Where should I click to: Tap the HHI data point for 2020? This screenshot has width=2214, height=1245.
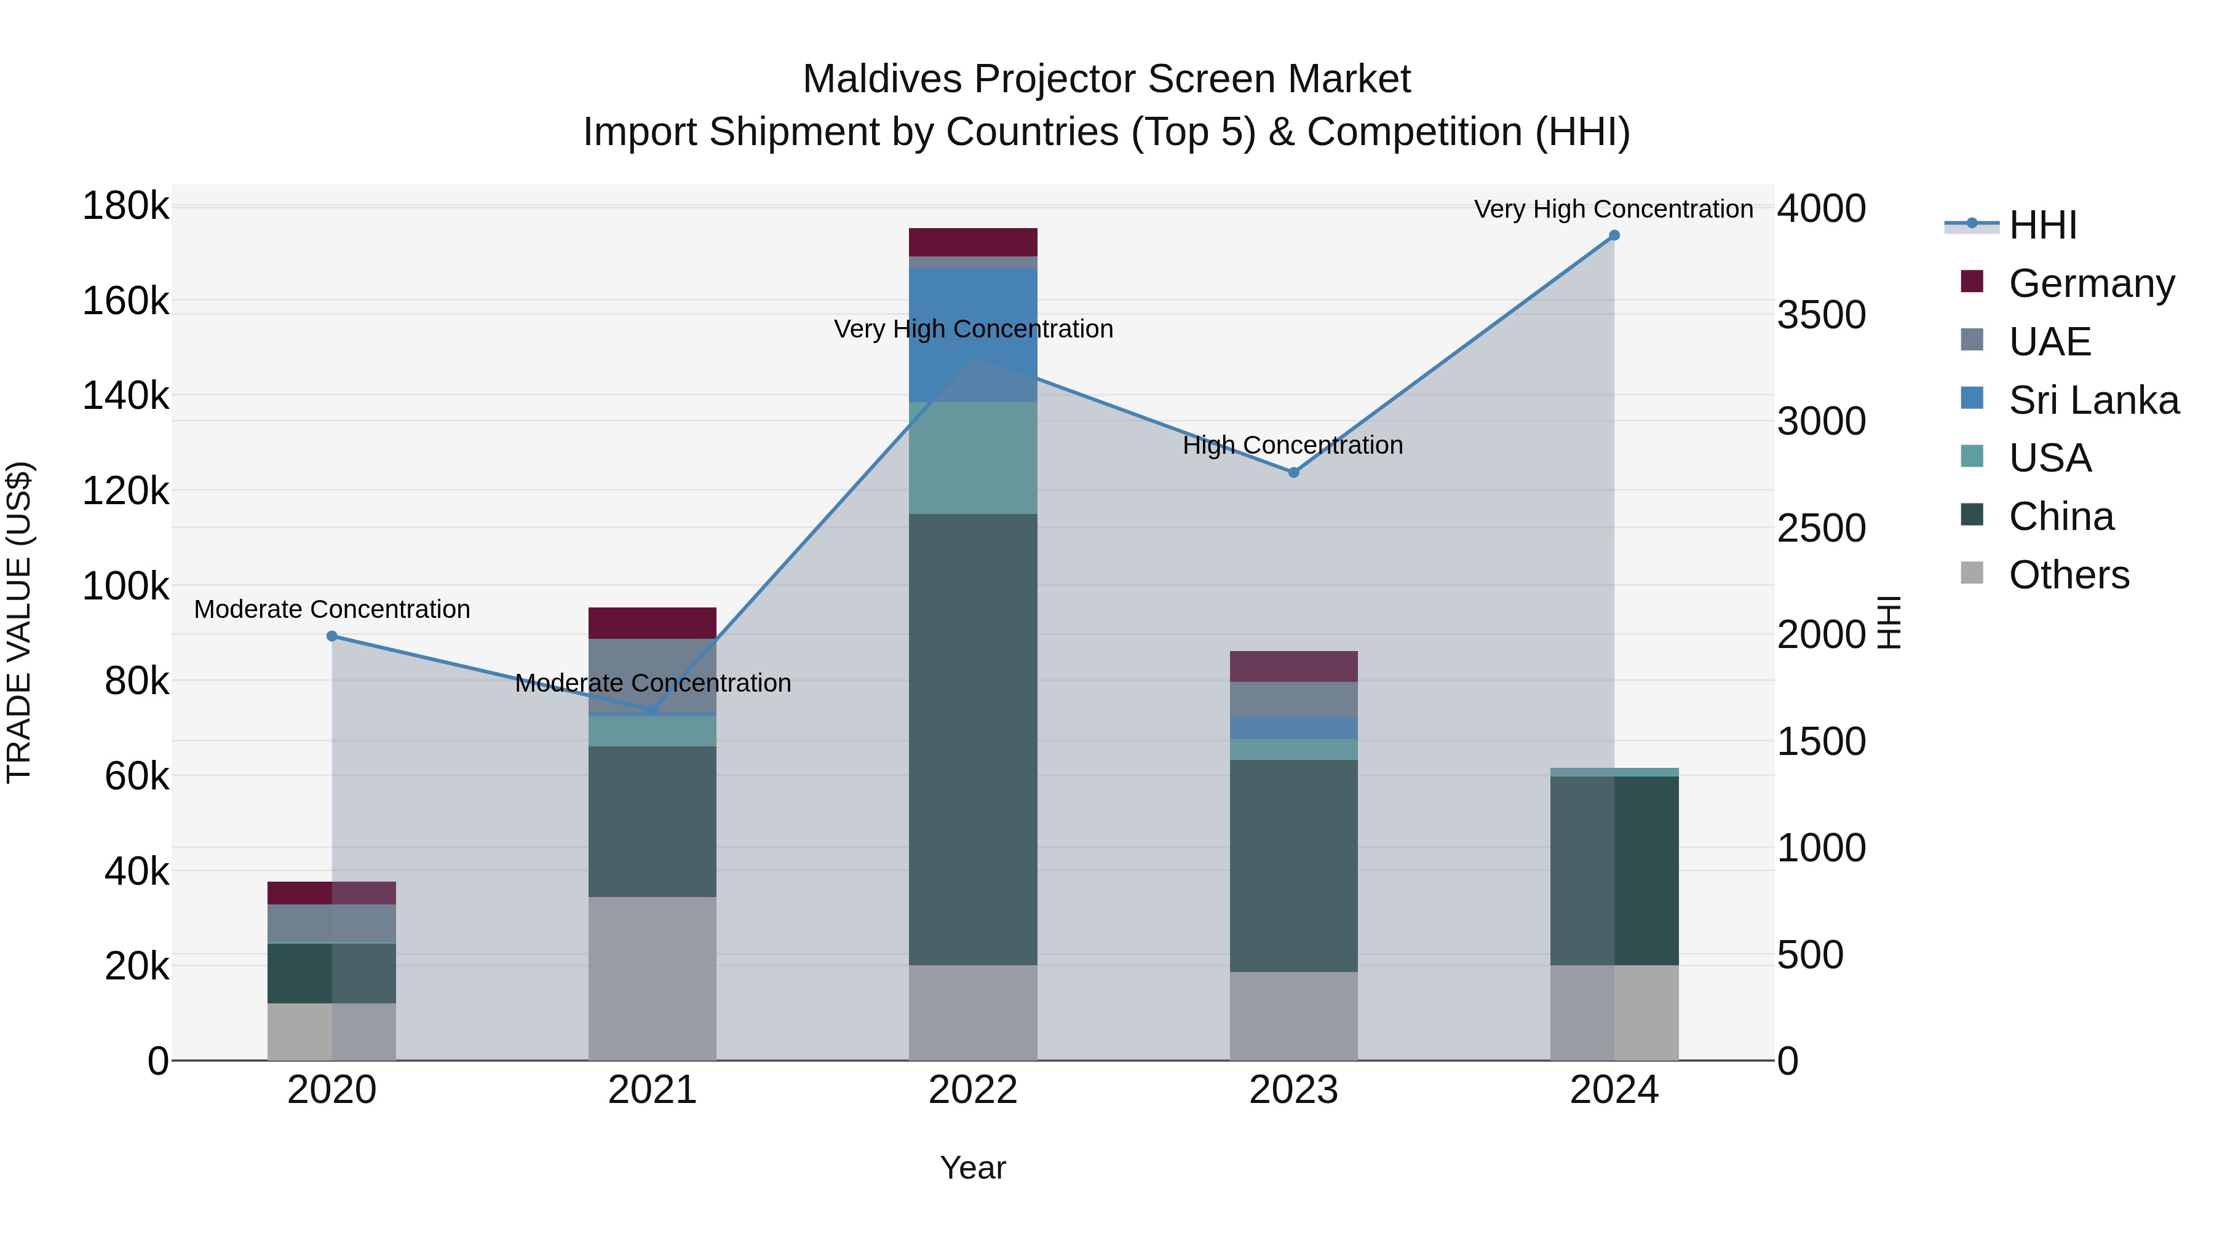[x=331, y=636]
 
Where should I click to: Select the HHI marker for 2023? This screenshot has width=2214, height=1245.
[x=1293, y=473]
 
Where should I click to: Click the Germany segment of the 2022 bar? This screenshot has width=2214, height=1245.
[x=973, y=242]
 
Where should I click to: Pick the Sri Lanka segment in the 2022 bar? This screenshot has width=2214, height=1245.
[x=973, y=335]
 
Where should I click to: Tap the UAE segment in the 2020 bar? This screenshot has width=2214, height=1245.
[x=331, y=923]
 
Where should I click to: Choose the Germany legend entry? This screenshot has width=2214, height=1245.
[x=2091, y=283]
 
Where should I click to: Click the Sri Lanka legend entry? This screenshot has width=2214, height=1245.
[x=2093, y=400]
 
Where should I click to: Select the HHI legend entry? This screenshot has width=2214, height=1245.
[x=2042, y=225]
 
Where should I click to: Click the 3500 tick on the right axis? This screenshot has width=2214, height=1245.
[x=1820, y=314]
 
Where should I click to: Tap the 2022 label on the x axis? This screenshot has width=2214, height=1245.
[x=973, y=1090]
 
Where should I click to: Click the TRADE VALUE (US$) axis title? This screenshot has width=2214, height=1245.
[x=19, y=622]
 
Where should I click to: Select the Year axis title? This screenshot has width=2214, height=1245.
[x=973, y=1168]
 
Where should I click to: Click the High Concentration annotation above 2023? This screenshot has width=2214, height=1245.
[x=1293, y=445]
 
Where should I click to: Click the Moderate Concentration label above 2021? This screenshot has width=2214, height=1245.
[x=653, y=683]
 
